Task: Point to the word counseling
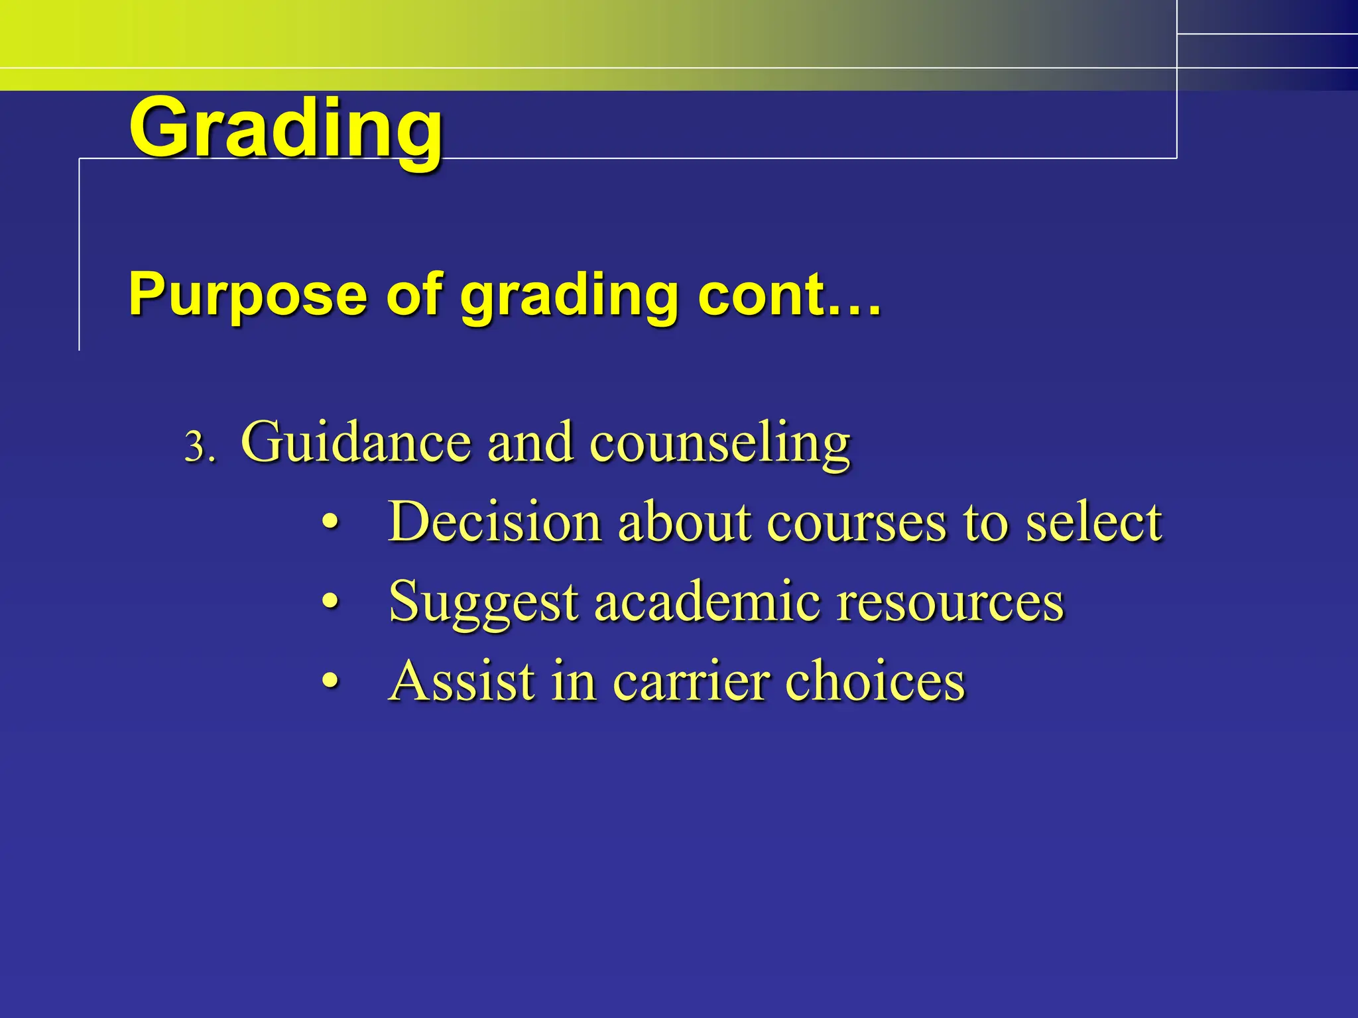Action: (719, 442)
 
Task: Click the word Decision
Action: (495, 522)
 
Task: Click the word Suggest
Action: (483, 602)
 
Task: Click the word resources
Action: (950, 602)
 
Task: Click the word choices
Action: (875, 681)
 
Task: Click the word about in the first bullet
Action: (684, 522)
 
